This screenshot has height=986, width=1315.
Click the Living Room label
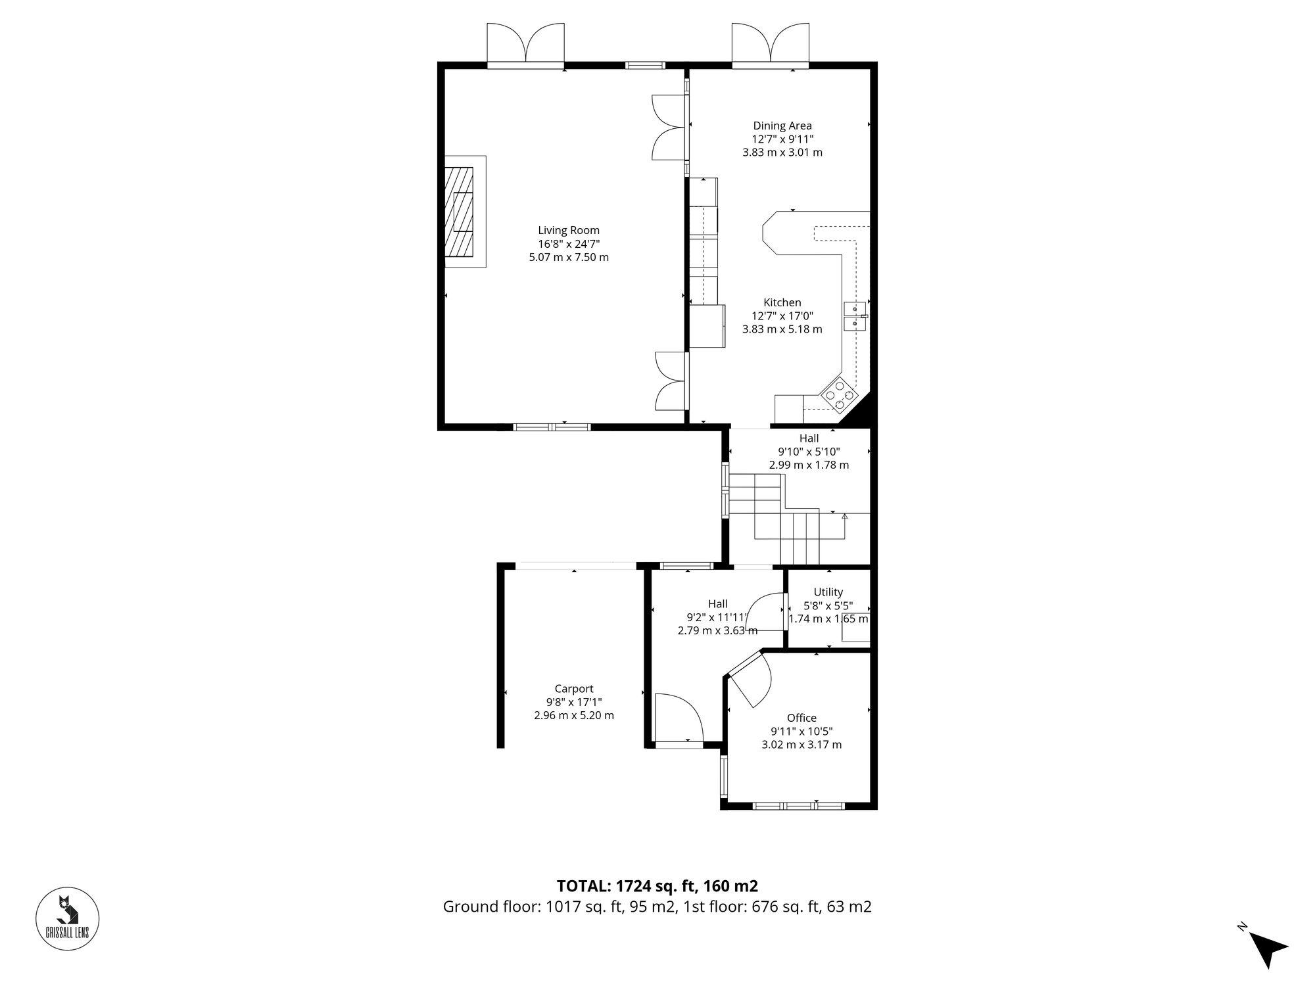click(569, 230)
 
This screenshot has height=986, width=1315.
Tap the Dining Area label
click(782, 126)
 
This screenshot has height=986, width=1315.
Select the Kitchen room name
click(782, 302)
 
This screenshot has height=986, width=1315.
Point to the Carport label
click(573, 689)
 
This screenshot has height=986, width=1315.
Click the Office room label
click(801, 718)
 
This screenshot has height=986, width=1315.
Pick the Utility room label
click(828, 592)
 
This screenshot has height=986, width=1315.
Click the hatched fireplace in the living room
click(459, 211)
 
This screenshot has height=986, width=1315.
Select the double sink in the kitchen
click(856, 316)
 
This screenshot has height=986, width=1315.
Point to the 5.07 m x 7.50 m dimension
click(569, 257)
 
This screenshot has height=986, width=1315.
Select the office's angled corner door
click(751, 684)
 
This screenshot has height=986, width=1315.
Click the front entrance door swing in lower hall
click(679, 718)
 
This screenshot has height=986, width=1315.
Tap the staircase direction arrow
click(845, 517)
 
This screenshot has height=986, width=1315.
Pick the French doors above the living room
click(525, 43)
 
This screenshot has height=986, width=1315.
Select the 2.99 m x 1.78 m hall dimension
click(809, 465)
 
